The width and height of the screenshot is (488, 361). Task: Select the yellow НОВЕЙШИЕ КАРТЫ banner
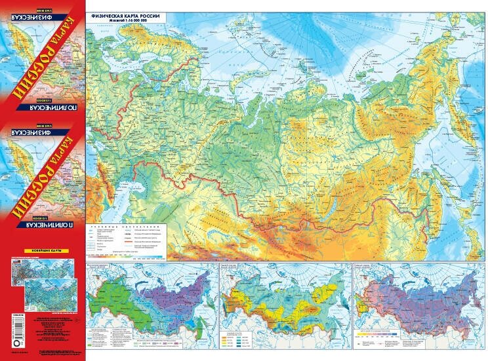point(43,251)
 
